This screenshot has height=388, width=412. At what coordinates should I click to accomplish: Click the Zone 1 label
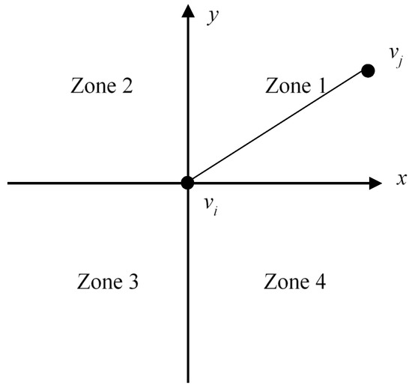(296, 85)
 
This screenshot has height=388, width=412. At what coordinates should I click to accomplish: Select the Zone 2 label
(102, 85)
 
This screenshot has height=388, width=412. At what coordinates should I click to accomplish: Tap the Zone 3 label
(107, 281)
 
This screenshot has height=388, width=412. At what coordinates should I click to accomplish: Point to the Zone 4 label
(295, 281)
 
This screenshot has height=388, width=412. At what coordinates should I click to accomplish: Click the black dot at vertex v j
(368, 70)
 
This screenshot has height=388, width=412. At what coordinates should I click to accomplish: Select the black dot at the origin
(187, 183)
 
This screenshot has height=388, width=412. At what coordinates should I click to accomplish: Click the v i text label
(210, 206)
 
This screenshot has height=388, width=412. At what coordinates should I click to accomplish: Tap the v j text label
(396, 57)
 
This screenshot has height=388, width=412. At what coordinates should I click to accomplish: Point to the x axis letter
(402, 180)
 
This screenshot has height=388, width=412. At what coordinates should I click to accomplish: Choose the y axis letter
(213, 17)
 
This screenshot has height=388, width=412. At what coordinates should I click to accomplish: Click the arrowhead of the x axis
(375, 183)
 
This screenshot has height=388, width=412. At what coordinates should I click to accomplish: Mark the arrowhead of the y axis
(188, 11)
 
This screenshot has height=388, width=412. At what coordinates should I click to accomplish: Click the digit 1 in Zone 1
(321, 85)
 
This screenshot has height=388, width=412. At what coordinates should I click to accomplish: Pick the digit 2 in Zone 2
(127, 85)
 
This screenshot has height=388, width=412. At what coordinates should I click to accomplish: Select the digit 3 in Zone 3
(133, 282)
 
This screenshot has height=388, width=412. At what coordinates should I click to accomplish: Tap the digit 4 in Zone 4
(321, 281)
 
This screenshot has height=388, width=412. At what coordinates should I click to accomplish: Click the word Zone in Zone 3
(100, 282)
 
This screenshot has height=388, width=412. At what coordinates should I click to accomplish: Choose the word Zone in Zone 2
(94, 85)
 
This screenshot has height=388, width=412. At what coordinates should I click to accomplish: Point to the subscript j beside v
(400, 62)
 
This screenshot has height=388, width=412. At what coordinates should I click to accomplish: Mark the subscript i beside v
(216, 210)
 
